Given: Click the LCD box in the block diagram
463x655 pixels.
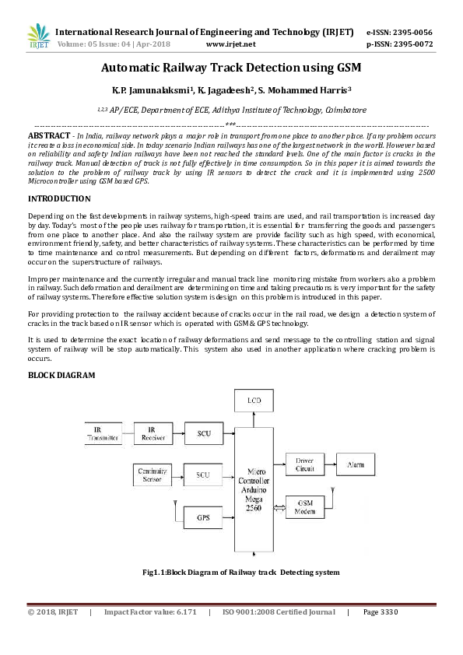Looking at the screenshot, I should click(254, 400).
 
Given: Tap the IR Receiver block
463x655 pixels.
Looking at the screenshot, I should click(153, 433).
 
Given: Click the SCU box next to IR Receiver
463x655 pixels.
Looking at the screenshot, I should click(203, 433).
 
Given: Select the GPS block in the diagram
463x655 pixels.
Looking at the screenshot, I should click(203, 516).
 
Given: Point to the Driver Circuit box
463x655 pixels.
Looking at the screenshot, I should click(304, 465).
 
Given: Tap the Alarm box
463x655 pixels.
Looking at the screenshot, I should click(355, 465).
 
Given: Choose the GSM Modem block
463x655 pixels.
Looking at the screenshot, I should click(304, 508).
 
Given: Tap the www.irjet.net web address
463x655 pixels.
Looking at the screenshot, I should click(231, 44).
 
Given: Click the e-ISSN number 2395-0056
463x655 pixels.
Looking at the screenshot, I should click(413, 32).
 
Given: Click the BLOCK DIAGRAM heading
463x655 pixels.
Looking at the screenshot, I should click(61, 375).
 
